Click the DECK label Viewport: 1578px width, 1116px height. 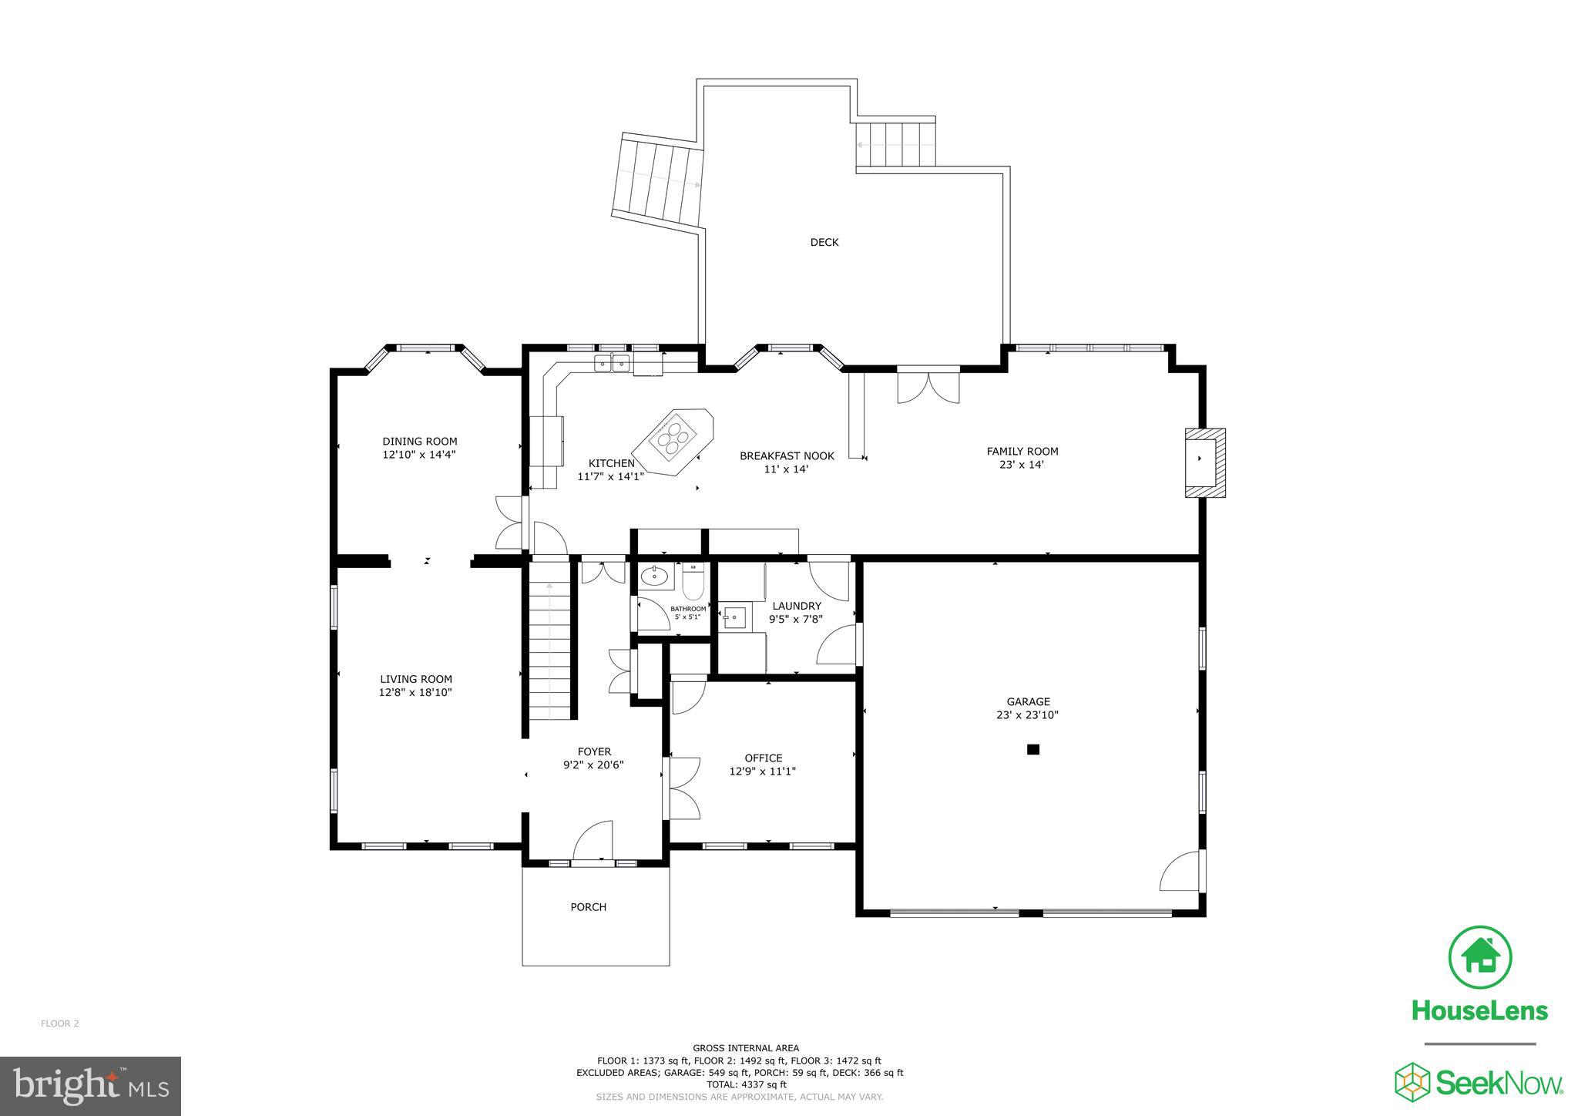pyautogui.click(x=824, y=242)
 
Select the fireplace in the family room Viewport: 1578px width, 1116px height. pyautogui.click(x=1204, y=462)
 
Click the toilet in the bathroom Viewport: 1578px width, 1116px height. pyautogui.click(x=693, y=583)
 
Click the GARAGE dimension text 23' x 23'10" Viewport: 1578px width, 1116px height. pyautogui.click(x=1027, y=714)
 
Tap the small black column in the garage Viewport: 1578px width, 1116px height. pyautogui.click(x=1033, y=748)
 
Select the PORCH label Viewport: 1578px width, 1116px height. pyautogui.click(x=588, y=906)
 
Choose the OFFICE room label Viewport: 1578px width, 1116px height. pyautogui.click(x=763, y=758)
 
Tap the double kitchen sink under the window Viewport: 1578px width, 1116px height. pyautogui.click(x=612, y=362)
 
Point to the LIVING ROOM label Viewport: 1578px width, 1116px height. pyautogui.click(x=415, y=679)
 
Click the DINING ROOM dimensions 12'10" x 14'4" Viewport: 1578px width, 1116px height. pyautogui.click(x=419, y=455)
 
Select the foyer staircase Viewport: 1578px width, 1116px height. pyautogui.click(x=549, y=647)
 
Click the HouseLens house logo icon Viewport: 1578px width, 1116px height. pyautogui.click(x=1479, y=957)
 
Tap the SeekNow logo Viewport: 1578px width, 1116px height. pyautogui.click(x=1479, y=1083)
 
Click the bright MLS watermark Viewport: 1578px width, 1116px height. pyautogui.click(x=90, y=1086)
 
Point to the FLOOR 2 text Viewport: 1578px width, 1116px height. pyautogui.click(x=59, y=1024)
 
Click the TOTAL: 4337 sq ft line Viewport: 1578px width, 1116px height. pyautogui.click(x=740, y=1084)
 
